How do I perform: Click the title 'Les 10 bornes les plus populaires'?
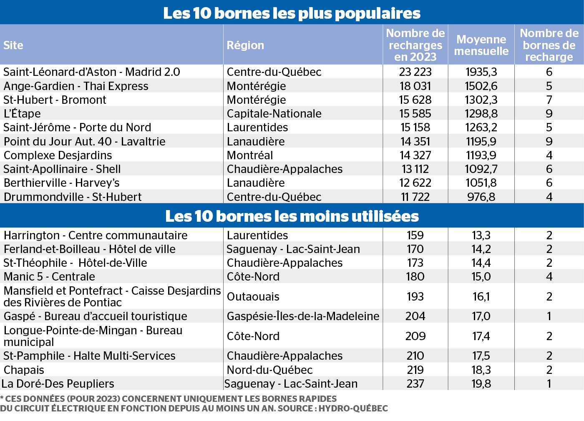pos(292,13)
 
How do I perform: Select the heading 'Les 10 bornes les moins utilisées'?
pos(292,216)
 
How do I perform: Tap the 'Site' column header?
pos(13,45)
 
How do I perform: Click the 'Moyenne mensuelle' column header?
pos(481,45)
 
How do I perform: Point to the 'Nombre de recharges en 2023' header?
pos(415,45)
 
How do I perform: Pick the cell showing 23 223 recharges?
pos(415,72)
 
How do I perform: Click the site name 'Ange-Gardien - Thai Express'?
pos(76,86)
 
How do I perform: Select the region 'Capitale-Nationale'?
pos(274,114)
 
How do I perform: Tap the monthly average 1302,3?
pos(481,100)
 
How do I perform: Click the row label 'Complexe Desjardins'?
pos(58,155)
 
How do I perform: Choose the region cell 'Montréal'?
pos(249,155)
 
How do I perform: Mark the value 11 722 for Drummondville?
pos(415,197)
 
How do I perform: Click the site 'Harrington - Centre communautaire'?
pos(96,235)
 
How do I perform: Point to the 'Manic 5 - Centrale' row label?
pos(49,277)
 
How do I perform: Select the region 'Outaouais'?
pos(253,297)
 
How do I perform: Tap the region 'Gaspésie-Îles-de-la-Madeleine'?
pos(303,316)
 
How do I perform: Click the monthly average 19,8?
pos(481,384)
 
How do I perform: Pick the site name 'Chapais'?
pos(24,370)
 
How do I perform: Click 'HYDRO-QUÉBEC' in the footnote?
pos(353,408)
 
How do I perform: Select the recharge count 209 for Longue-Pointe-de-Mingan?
pos(415,336)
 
